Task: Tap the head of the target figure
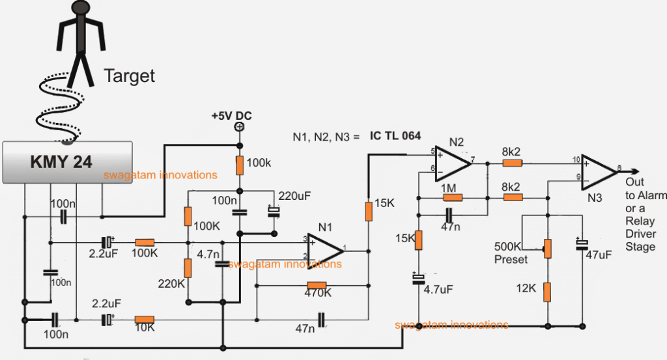point(79,8)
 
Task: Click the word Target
point(130,76)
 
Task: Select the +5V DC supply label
point(231,116)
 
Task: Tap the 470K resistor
point(316,285)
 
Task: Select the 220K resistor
point(188,267)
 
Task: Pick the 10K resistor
point(144,320)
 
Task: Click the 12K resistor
point(548,292)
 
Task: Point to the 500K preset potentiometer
point(548,248)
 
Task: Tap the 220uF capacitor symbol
point(273,213)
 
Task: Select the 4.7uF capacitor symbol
point(418,279)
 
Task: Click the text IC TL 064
point(395,137)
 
